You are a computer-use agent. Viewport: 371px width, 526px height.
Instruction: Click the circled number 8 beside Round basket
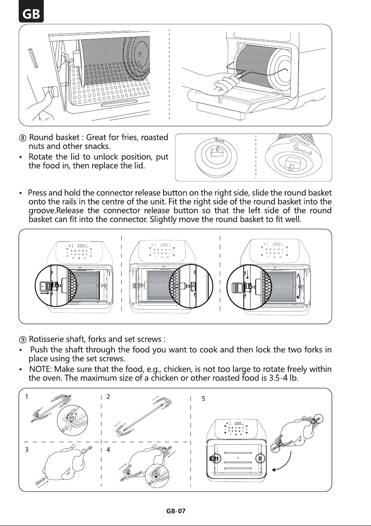pos(23,138)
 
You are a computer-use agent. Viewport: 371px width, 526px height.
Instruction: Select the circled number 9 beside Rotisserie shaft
pos(23,340)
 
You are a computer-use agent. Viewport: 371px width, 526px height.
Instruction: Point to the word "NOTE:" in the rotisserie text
pos(41,369)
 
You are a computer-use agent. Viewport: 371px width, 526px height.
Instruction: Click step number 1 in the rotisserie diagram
pos(27,396)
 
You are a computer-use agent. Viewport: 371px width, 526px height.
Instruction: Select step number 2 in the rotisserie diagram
pos(108,396)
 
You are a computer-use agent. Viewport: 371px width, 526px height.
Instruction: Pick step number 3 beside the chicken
pos(27,449)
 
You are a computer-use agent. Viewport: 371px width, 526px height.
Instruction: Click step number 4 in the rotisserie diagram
pos(108,449)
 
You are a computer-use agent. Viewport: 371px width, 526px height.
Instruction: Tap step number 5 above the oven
pos(204,399)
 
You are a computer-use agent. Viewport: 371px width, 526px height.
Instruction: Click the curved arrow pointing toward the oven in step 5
pos(287,464)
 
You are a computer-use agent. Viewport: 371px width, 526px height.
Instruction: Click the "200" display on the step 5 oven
pos(238,423)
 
